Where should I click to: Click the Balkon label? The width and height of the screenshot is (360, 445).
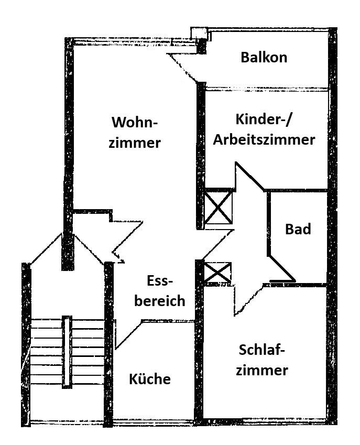[x=264, y=57]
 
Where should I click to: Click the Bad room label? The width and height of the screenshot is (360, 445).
[x=298, y=229]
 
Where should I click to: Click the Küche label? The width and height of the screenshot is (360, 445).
[x=149, y=379]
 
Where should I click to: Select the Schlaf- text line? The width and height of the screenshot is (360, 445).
[x=261, y=350]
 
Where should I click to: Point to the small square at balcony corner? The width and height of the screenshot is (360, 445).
[x=198, y=32]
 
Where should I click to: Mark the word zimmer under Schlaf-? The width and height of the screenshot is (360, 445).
[x=261, y=371]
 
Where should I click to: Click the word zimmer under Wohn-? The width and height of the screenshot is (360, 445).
[x=135, y=143]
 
